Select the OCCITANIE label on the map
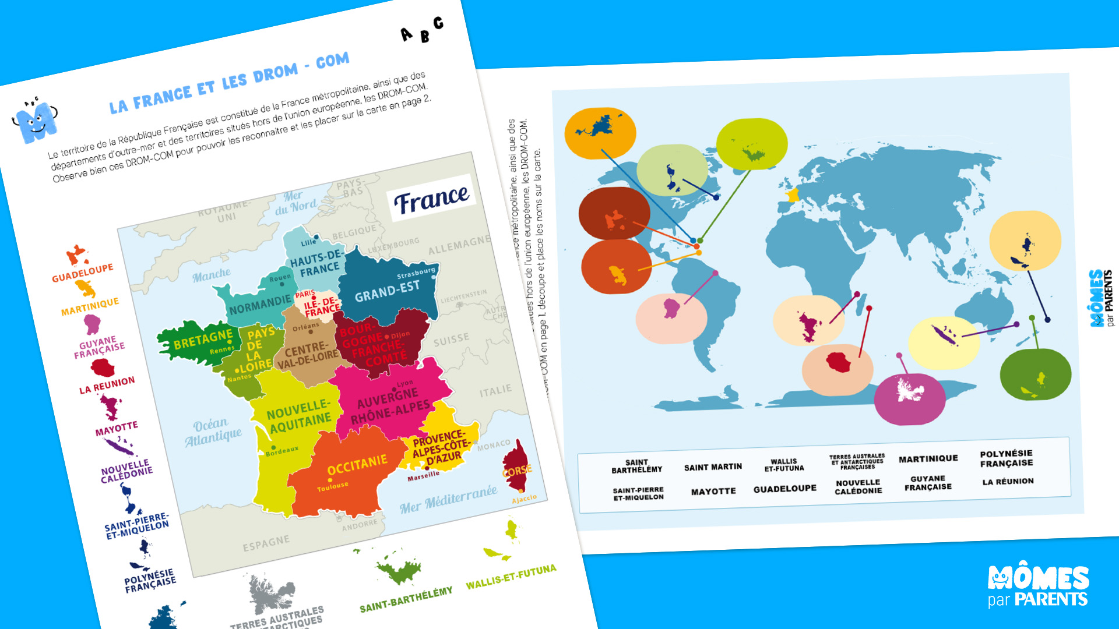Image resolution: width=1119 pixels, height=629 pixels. pos(357,464)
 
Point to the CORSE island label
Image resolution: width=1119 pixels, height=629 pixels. pos(517,470)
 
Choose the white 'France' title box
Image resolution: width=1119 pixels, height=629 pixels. pos(431,199)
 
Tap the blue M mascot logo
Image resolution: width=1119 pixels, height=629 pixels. pos(35,121)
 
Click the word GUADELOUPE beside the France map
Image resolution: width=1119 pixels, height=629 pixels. pos(82,273)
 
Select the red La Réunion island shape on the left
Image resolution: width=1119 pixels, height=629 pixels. pos(102,368)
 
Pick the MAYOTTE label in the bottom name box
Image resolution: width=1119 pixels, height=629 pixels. pos(713,492)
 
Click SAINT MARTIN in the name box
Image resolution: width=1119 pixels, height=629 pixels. pos(713,467)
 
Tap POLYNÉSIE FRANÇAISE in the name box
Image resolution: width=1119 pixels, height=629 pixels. pos(1007,458)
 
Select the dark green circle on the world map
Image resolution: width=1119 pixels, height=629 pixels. pos(1035,374)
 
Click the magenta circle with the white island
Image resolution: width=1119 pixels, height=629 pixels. pos(909,399)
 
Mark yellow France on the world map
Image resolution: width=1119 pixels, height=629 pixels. pos(792,196)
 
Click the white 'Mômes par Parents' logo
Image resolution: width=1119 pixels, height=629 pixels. pos(1038,586)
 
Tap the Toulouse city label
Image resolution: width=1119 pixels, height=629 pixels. pos(333,486)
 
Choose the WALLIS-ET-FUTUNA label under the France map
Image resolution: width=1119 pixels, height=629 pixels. pos(511,577)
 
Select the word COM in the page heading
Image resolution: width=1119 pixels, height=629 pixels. pos(332,61)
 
